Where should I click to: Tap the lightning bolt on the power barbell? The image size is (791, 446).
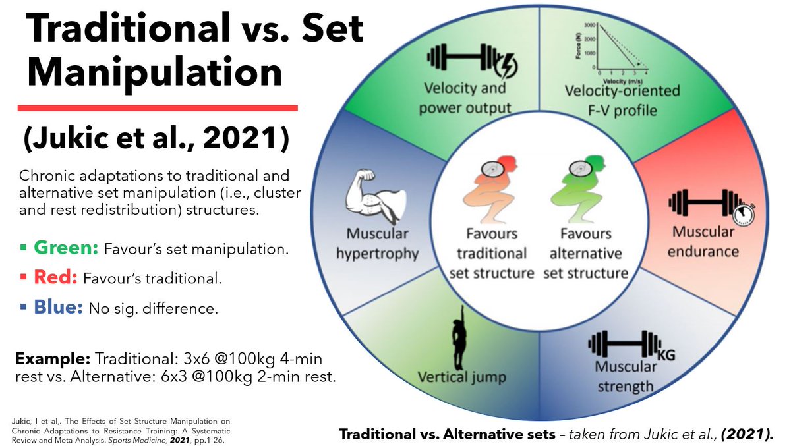507,65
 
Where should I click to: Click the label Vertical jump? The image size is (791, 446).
461,377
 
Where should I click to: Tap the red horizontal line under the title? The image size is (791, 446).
158,107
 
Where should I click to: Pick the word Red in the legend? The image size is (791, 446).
56,277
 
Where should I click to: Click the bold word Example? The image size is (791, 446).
53,360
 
